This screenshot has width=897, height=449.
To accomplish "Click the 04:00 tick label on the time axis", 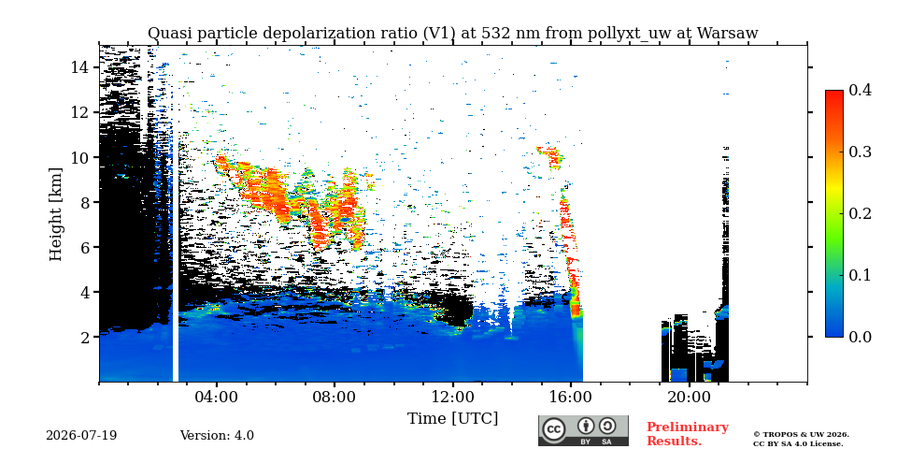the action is click(x=217, y=397).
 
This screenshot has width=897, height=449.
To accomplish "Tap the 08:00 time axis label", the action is click(x=335, y=397).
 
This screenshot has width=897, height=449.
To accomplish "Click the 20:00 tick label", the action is click(x=689, y=397).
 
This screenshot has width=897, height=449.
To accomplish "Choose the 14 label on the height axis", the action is click(x=79, y=67).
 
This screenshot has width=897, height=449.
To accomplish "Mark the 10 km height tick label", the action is click(x=79, y=157).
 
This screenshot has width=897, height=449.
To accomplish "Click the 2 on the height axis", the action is click(x=85, y=338).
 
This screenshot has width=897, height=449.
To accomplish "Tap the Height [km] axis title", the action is click(x=55, y=214).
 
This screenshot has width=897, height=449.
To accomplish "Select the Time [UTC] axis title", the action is click(x=452, y=419).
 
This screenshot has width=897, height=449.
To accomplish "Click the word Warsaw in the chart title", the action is click(x=727, y=34).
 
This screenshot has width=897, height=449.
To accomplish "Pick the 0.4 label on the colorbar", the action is click(x=860, y=90).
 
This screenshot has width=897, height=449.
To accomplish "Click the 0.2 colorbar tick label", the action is click(x=860, y=213).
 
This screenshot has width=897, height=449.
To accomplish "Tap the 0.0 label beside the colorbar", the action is click(x=860, y=337).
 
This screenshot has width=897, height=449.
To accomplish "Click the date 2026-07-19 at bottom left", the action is click(x=81, y=436).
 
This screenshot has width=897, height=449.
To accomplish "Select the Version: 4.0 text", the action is click(x=217, y=436).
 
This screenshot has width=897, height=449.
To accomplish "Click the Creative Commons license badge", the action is click(x=583, y=430).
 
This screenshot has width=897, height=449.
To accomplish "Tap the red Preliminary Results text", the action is click(x=688, y=434).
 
